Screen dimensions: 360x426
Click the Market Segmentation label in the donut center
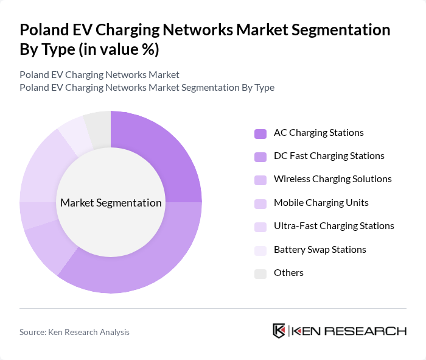(x=111, y=203)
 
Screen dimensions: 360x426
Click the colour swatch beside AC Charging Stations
(x=260, y=133)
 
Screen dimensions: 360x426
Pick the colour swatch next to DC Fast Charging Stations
(x=260, y=157)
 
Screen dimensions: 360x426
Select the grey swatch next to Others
(x=260, y=274)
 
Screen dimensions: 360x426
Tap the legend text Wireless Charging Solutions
(x=332, y=179)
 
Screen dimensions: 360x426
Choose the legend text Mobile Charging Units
(x=321, y=202)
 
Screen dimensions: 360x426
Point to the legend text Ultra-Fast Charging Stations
(x=333, y=226)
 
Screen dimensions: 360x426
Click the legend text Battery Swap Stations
(x=319, y=249)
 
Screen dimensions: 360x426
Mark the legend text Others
(x=288, y=273)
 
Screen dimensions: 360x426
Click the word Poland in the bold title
(x=44, y=30)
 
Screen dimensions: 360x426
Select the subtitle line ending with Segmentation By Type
(x=147, y=88)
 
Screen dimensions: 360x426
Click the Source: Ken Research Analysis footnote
(x=74, y=332)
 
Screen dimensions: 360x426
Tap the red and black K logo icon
(x=279, y=331)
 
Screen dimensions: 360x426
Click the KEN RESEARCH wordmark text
(x=349, y=331)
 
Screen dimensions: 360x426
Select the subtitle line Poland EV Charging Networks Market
(x=99, y=74)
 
